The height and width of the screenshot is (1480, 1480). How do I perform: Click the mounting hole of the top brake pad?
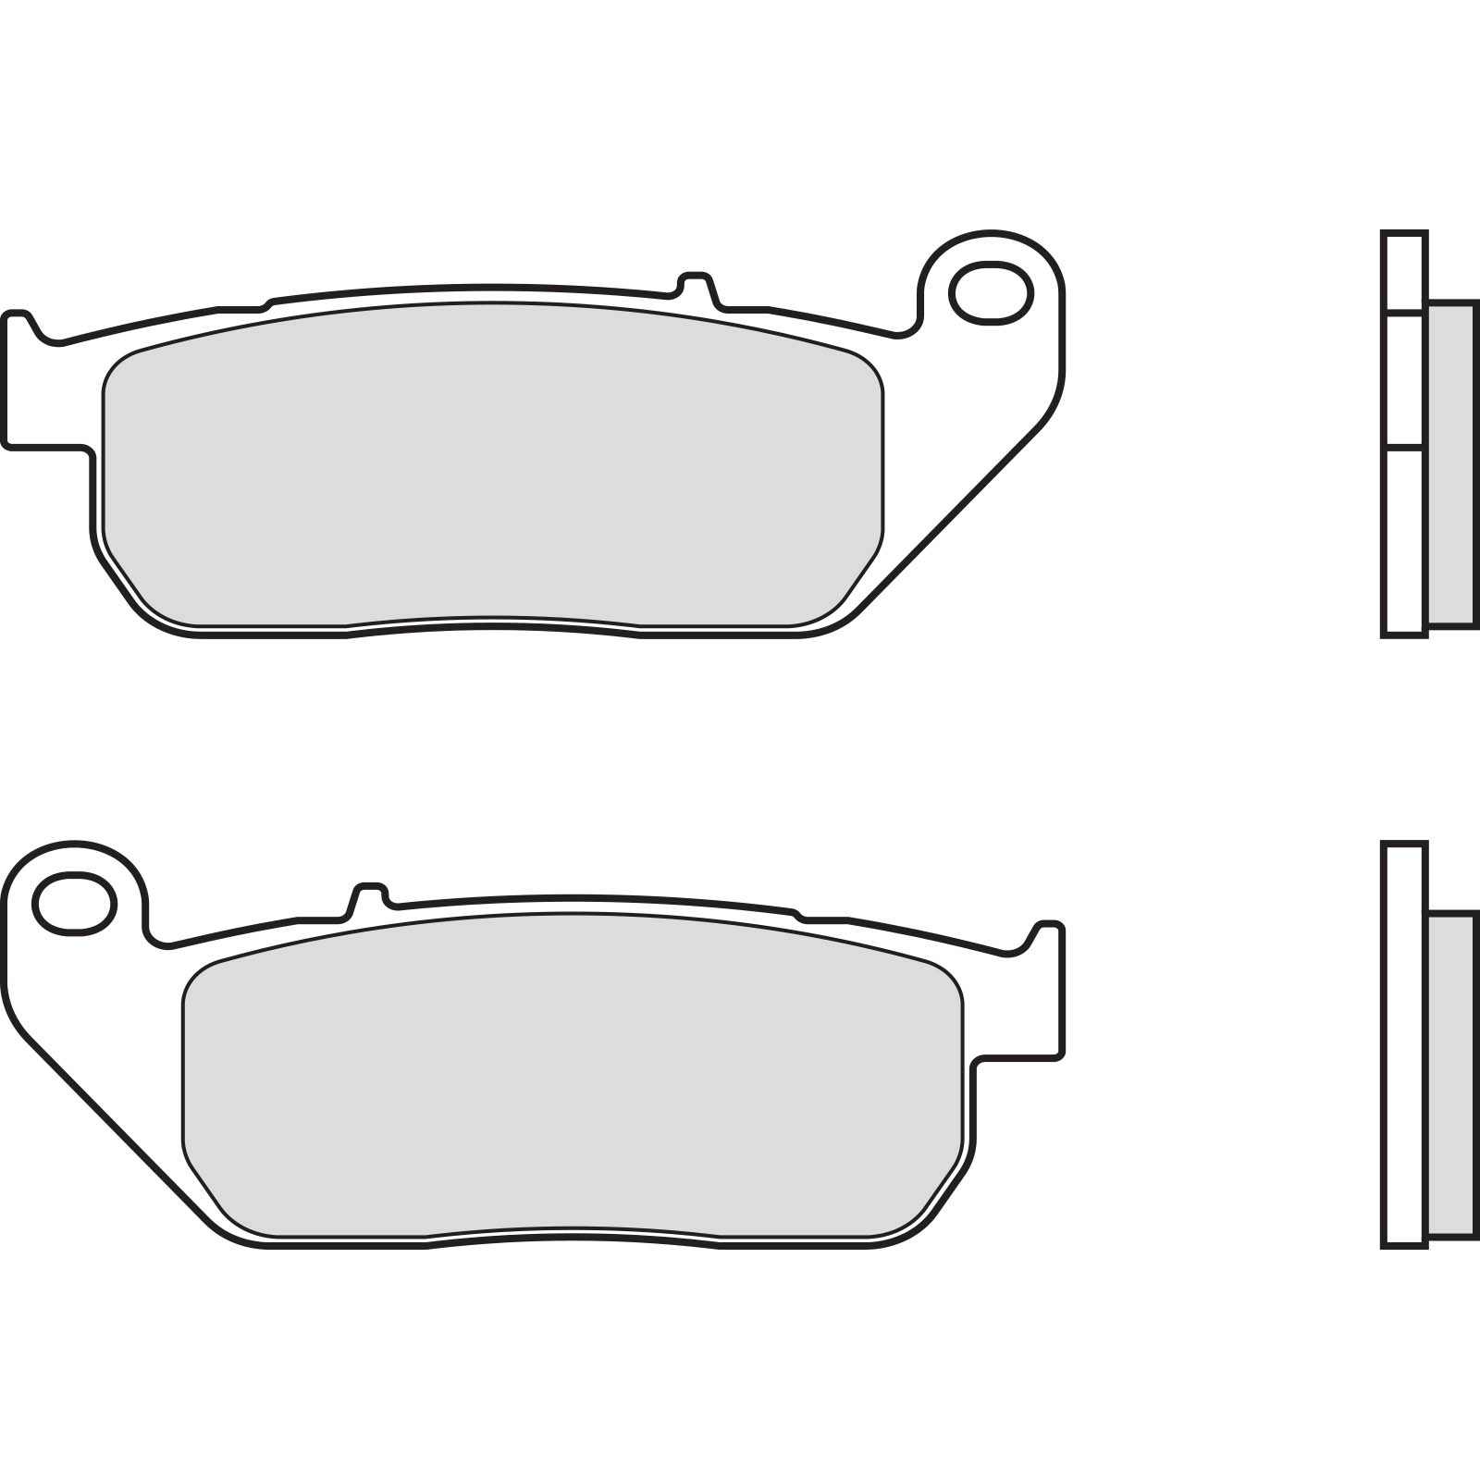coord(990,293)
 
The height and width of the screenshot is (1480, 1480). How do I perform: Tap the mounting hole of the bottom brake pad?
coord(74,904)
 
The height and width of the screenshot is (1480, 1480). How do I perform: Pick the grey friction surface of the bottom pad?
coord(573,1073)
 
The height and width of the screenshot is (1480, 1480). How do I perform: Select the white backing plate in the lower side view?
coord(1404,1045)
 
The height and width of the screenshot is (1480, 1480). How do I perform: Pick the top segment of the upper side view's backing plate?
coord(1404,270)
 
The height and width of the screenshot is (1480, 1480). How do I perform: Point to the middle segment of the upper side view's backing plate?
coord(1404,381)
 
